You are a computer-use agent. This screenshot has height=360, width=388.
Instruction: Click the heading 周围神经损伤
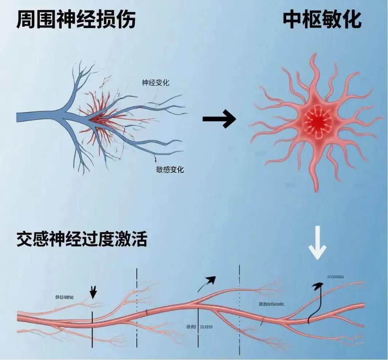coord(76,20)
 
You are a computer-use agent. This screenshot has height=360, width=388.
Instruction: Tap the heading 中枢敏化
coord(322,20)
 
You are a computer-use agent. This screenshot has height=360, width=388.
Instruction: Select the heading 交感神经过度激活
coord(82,240)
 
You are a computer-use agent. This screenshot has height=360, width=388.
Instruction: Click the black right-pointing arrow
coord(219,119)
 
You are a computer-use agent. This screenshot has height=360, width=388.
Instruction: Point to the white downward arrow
coord(317,242)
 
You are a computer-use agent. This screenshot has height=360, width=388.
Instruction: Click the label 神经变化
coord(155,83)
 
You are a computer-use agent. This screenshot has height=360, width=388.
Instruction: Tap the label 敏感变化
coord(170,169)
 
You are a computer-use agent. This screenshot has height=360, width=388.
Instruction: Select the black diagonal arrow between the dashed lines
coord(207,284)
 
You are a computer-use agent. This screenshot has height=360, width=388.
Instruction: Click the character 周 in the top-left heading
coord(26,20)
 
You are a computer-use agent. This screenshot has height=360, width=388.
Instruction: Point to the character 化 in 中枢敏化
coord(351,20)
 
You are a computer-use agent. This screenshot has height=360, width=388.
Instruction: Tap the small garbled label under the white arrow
coord(336,277)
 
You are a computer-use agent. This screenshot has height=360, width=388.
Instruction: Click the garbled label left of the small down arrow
coord(64,297)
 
